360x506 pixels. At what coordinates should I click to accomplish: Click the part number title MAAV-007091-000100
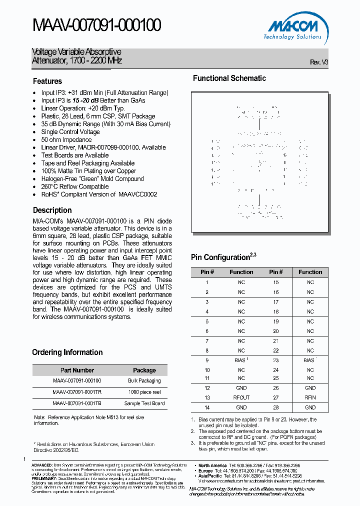(x=96, y=25)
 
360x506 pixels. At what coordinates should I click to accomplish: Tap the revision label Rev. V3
(x=319, y=62)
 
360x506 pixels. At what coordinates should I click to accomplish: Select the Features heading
(x=47, y=81)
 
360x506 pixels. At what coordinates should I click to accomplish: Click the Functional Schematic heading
(x=229, y=78)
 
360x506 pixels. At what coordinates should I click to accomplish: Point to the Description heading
(x=52, y=210)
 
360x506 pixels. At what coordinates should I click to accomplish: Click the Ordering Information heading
(x=67, y=352)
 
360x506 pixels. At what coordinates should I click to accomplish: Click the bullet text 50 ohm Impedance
(x=66, y=139)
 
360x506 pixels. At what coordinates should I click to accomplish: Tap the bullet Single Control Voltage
(x=70, y=132)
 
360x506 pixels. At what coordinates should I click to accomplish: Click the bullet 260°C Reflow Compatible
(x=75, y=186)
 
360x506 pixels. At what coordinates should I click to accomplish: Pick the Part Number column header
(x=77, y=370)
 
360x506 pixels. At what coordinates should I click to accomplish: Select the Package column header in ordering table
(x=144, y=370)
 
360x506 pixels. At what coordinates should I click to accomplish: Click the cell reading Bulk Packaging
(x=144, y=381)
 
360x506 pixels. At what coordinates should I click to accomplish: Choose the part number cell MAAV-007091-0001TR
(x=77, y=392)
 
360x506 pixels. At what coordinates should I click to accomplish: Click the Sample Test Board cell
(x=144, y=403)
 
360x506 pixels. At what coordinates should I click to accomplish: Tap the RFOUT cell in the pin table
(x=241, y=397)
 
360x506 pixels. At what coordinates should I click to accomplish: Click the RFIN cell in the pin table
(x=310, y=397)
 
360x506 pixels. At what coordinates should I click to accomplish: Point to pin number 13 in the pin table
(x=207, y=397)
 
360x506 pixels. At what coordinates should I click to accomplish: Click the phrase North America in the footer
(x=212, y=465)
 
